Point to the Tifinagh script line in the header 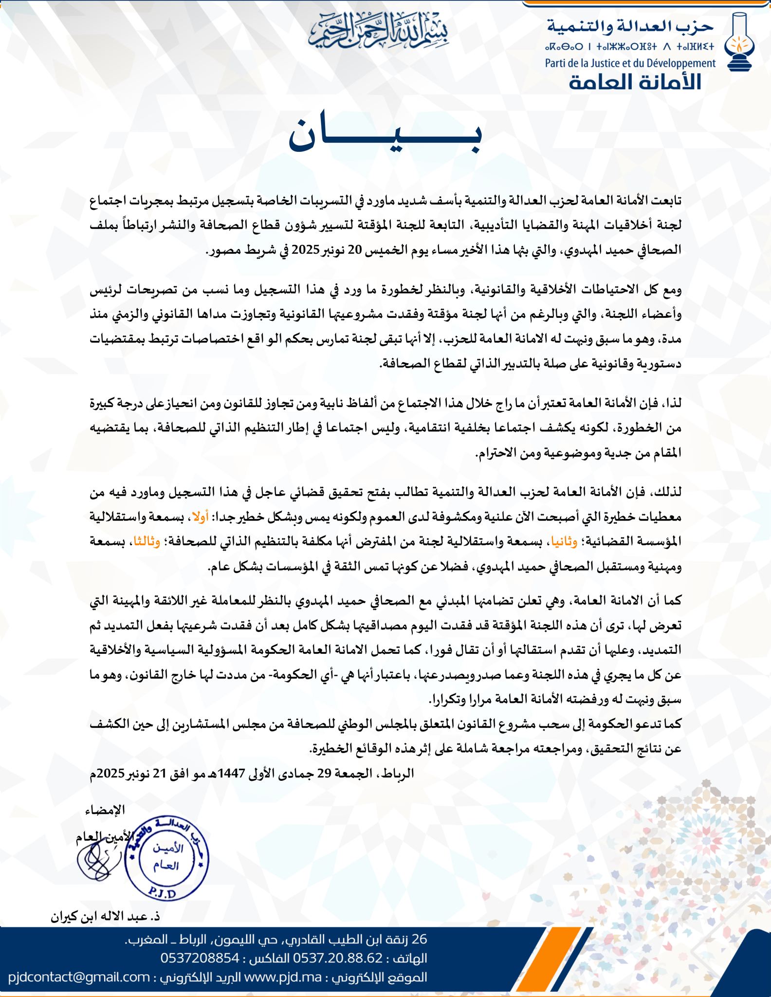[631, 47]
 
